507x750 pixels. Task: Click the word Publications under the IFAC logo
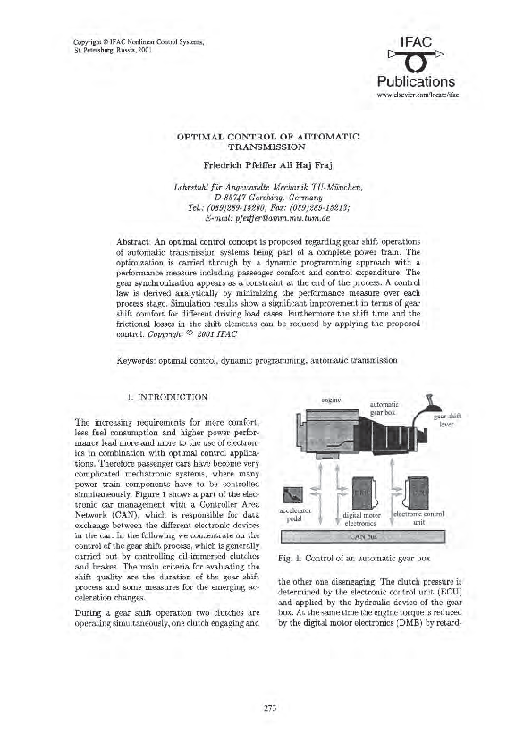point(416,82)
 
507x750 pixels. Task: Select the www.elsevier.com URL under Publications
point(416,94)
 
